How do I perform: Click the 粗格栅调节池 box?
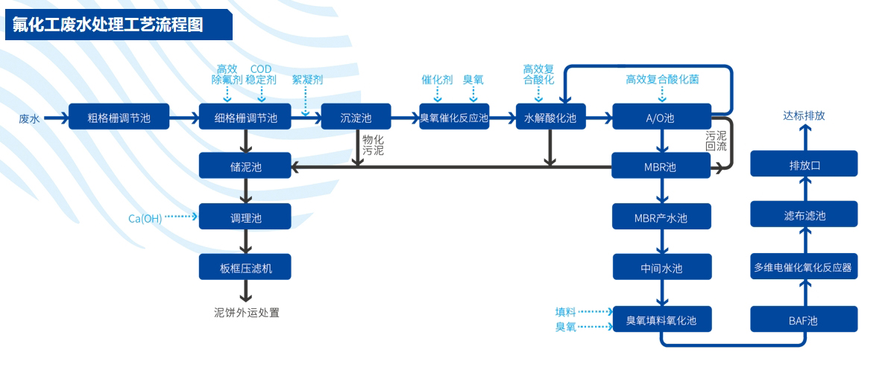(119, 117)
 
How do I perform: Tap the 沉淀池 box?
(356, 117)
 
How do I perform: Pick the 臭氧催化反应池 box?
(453, 117)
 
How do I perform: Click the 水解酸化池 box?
(550, 117)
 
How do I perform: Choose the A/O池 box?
(660, 117)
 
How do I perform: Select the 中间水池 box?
(661, 267)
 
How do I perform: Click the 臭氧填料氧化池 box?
(661, 319)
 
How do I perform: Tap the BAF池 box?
(803, 320)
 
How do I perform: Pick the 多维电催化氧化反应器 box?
(803, 267)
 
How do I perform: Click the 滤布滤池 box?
(804, 215)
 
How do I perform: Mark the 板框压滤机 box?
(245, 267)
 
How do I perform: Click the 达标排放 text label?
(804, 116)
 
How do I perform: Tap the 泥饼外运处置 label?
(246, 313)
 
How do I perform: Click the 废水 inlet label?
(29, 118)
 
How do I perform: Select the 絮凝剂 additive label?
(306, 78)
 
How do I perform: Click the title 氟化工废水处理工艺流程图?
(108, 25)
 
